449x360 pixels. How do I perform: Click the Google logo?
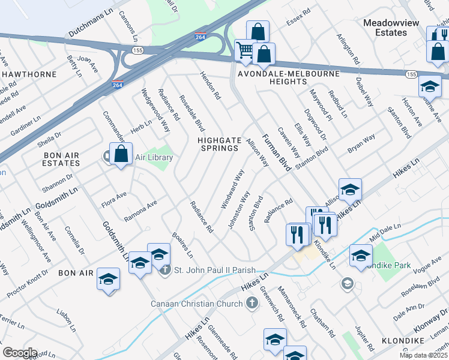(20, 352)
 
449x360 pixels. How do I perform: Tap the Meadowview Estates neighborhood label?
(393, 28)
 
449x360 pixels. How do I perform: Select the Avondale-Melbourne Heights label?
(289, 79)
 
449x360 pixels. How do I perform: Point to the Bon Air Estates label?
(53, 158)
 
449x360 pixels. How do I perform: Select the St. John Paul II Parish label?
(214, 270)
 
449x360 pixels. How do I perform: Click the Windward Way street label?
(233, 189)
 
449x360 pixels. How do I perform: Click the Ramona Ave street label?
(140, 211)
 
